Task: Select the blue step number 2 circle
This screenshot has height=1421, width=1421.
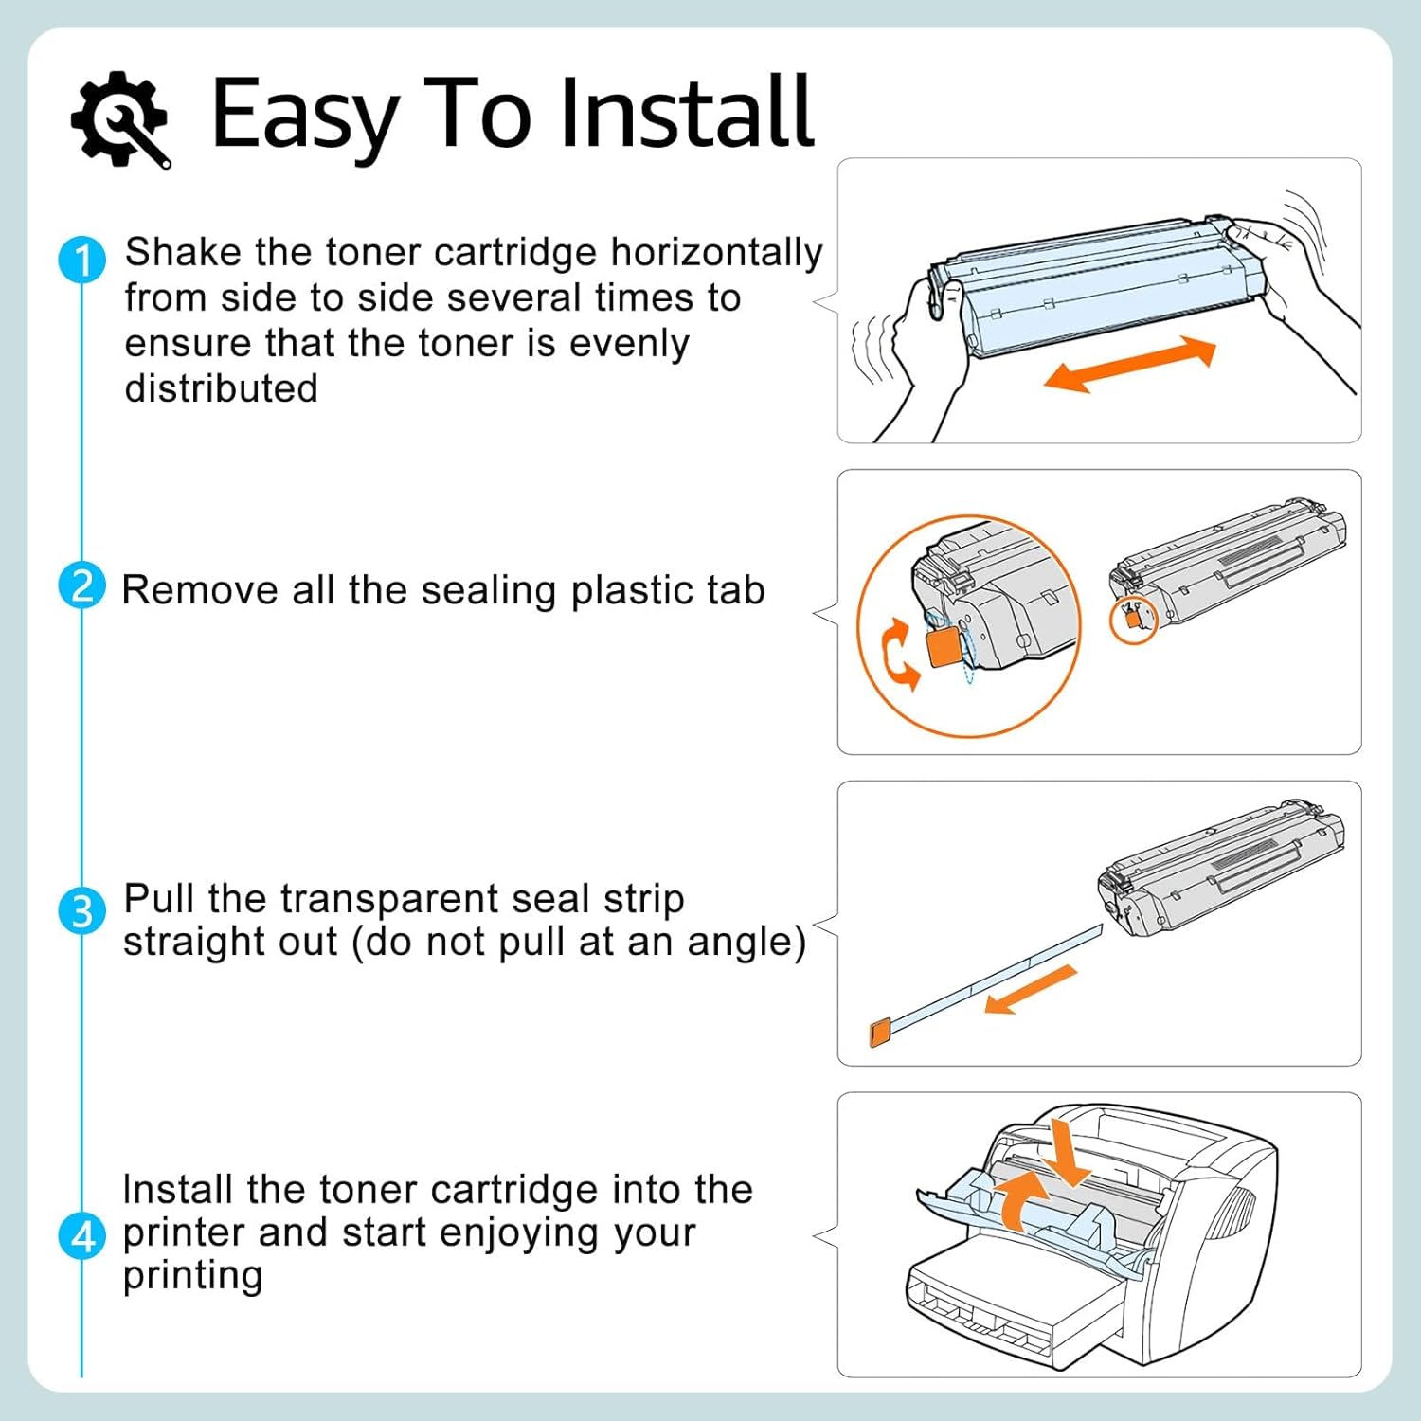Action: [81, 586]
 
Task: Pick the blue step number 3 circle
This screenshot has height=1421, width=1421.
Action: [81, 911]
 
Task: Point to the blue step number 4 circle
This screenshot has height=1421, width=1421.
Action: [81, 1237]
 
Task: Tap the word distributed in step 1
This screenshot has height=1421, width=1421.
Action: [221, 388]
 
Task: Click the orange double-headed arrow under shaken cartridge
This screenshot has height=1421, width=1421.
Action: [1129, 365]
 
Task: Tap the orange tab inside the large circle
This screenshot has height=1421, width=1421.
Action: [944, 647]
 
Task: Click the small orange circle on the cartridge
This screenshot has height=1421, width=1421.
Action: [1133, 621]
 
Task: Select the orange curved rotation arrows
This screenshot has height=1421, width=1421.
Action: [899, 654]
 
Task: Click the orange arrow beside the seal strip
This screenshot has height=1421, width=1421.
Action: [1031, 989]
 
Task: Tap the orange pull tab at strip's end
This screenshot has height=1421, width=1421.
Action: [878, 1032]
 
